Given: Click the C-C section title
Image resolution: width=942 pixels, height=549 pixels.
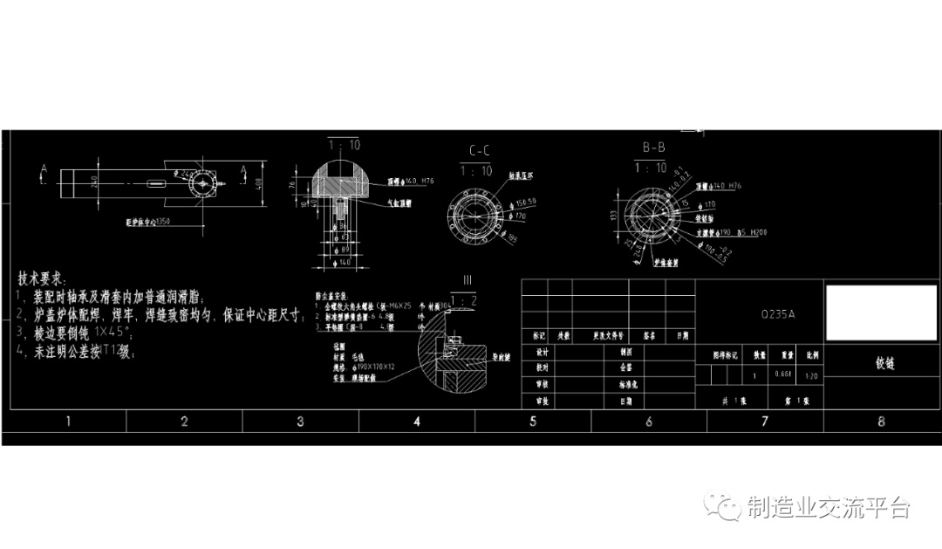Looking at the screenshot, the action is coord(478,150).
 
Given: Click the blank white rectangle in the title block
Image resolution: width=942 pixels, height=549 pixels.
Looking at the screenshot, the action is coord(880,312).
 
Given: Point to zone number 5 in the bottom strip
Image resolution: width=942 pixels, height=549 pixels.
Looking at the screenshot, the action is coord(532,422).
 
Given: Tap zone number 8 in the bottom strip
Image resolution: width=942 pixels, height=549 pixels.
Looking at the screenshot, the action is coord(881,422).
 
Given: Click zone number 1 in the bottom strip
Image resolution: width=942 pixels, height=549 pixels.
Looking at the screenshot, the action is coord(68,422).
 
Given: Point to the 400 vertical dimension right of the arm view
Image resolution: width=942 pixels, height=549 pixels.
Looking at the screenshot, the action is coord(258,183).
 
